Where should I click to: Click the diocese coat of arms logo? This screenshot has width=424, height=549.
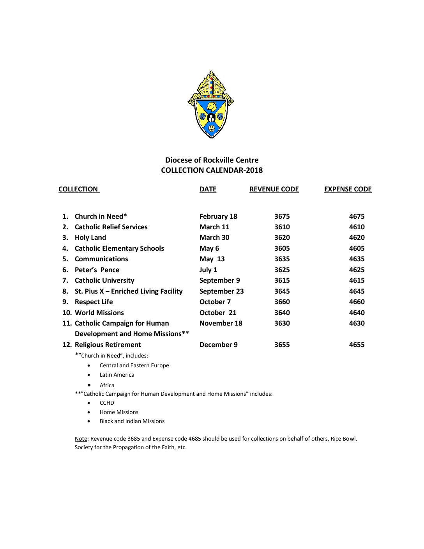211,104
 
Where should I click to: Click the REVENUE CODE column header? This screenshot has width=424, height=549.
274,189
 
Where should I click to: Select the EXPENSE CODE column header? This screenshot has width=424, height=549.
348,189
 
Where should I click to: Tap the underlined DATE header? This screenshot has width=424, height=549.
208,189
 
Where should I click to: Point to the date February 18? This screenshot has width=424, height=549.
218,216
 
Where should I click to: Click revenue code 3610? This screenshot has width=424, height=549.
282,227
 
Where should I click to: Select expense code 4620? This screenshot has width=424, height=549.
357,237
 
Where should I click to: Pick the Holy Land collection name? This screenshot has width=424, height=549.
90,237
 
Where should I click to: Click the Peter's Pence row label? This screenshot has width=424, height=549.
97,270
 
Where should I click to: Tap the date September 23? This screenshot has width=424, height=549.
221,291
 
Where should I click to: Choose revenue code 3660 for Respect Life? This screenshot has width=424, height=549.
282,302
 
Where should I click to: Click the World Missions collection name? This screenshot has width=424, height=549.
99,313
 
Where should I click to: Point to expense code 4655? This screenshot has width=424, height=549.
357,345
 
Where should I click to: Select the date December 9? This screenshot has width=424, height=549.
218,345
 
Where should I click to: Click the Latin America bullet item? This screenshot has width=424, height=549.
117,375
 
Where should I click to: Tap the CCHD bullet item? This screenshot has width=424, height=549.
107,403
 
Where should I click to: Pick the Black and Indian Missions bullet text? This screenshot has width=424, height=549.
132,421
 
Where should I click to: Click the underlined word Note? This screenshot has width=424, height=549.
81,439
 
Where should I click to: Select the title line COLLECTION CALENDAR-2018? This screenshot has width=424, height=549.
212,170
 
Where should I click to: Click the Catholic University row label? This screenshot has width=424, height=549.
104,280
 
